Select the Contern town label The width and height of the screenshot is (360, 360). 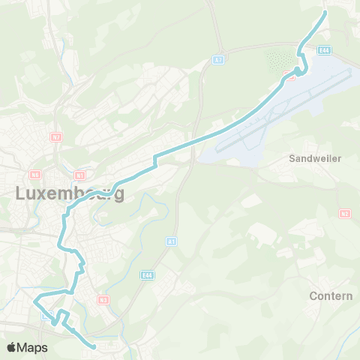(331, 295)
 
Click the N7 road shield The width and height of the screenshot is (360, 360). (56, 137)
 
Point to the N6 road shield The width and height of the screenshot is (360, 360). (34, 174)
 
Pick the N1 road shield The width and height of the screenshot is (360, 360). (79, 175)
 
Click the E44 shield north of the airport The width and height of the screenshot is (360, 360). (323, 50)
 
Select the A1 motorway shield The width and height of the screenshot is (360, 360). (172, 242)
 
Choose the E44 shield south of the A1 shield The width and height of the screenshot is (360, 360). (147, 275)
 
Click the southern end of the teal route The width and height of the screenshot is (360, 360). (95, 346)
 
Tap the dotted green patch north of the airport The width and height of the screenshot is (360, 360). (282, 58)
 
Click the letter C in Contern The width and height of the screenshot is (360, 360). (313, 295)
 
